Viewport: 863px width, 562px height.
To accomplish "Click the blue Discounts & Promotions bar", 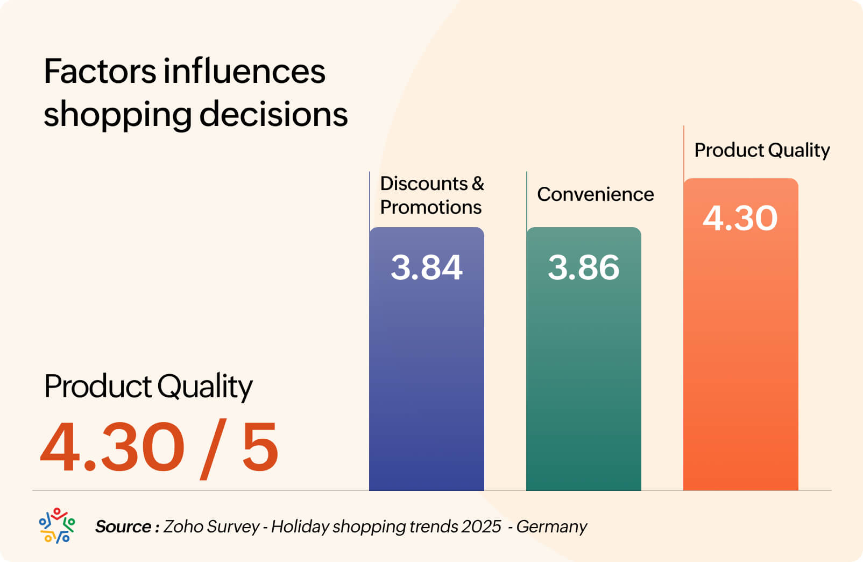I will click(426, 377).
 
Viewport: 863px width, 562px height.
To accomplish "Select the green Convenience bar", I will click(583, 377).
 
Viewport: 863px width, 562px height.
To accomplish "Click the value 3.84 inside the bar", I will click(426, 267).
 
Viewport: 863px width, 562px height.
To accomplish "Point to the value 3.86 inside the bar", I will click(583, 267).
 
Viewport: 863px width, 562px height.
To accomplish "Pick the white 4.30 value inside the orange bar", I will click(740, 218).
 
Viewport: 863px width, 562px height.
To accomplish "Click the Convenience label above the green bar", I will click(595, 194).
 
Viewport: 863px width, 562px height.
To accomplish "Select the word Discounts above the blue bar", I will click(424, 184).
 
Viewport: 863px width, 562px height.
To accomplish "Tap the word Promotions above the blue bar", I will click(430, 207).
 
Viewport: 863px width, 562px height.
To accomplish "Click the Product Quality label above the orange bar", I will click(762, 150).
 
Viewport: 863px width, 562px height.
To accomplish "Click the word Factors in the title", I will click(100, 72).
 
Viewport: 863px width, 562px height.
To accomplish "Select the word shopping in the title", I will click(117, 115).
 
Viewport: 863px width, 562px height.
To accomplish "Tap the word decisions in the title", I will click(273, 114).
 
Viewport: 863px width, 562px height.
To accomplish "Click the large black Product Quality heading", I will click(148, 387).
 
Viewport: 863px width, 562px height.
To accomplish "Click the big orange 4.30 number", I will click(112, 447).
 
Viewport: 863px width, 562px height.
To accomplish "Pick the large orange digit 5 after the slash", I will click(260, 447).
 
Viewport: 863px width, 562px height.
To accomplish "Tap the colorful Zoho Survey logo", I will click(56, 525).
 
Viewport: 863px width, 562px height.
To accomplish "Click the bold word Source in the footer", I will click(123, 526).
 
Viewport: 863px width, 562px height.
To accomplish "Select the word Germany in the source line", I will click(551, 526).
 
